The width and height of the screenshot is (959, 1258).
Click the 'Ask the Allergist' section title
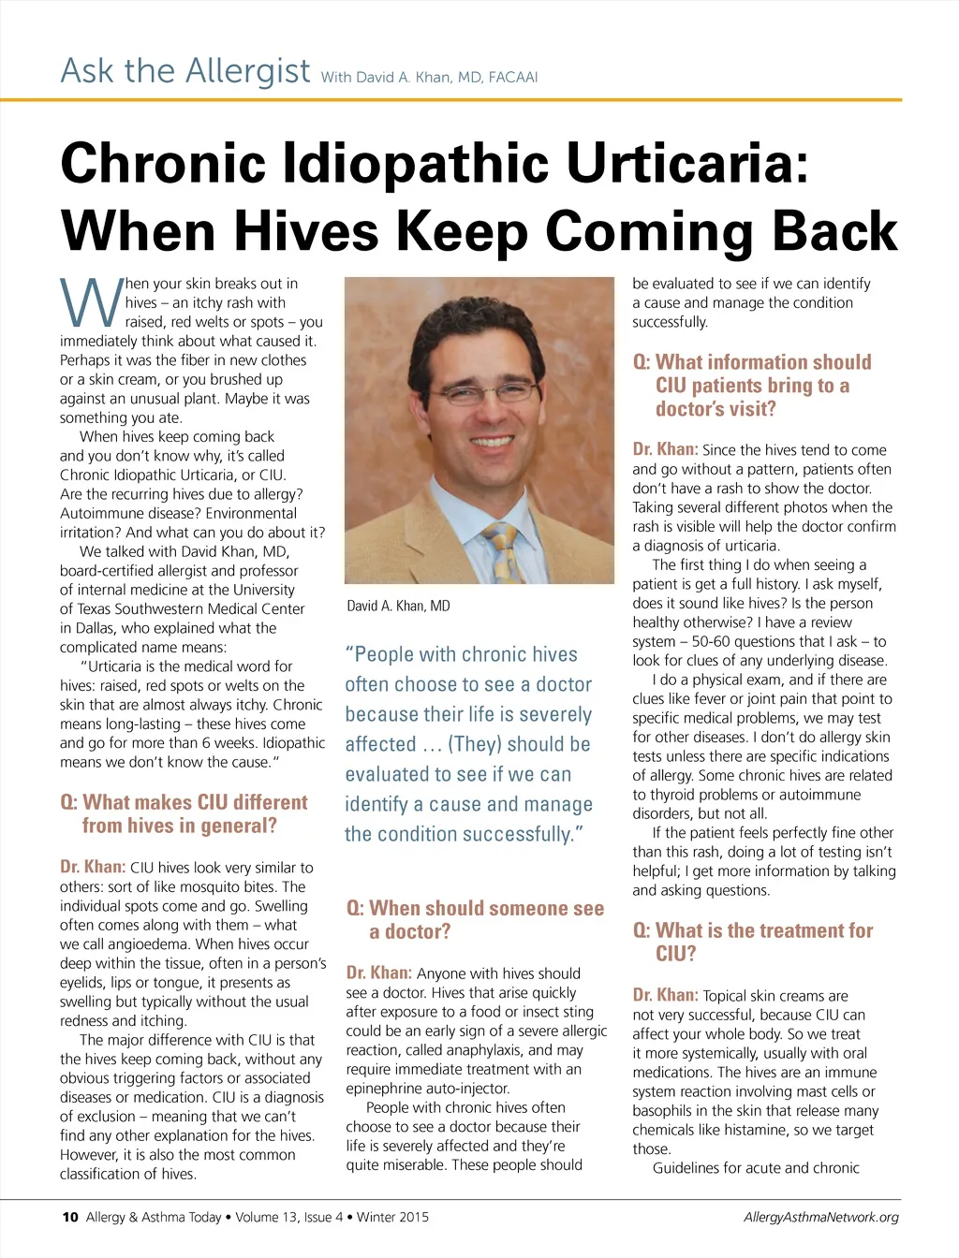pyautogui.click(x=185, y=70)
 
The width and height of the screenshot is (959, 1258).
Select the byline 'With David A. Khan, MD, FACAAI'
pyautogui.click(x=429, y=77)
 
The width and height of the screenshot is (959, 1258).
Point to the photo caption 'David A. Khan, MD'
pyautogui.click(x=398, y=606)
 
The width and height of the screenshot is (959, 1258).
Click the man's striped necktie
pyautogui.click(x=502, y=552)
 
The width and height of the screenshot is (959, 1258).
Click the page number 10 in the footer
pyautogui.click(x=69, y=1217)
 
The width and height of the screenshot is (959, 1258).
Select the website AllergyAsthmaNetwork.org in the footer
pyautogui.click(x=820, y=1217)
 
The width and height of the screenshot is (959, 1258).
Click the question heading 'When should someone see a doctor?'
pyautogui.click(x=475, y=919)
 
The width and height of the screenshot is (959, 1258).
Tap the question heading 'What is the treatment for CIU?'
pyautogui.click(x=753, y=942)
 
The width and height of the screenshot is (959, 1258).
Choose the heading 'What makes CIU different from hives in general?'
pyautogui.click(x=184, y=813)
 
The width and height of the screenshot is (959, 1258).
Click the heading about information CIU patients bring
pyautogui.click(x=753, y=385)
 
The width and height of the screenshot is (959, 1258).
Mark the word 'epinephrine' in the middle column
pyautogui.click(x=384, y=1089)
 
